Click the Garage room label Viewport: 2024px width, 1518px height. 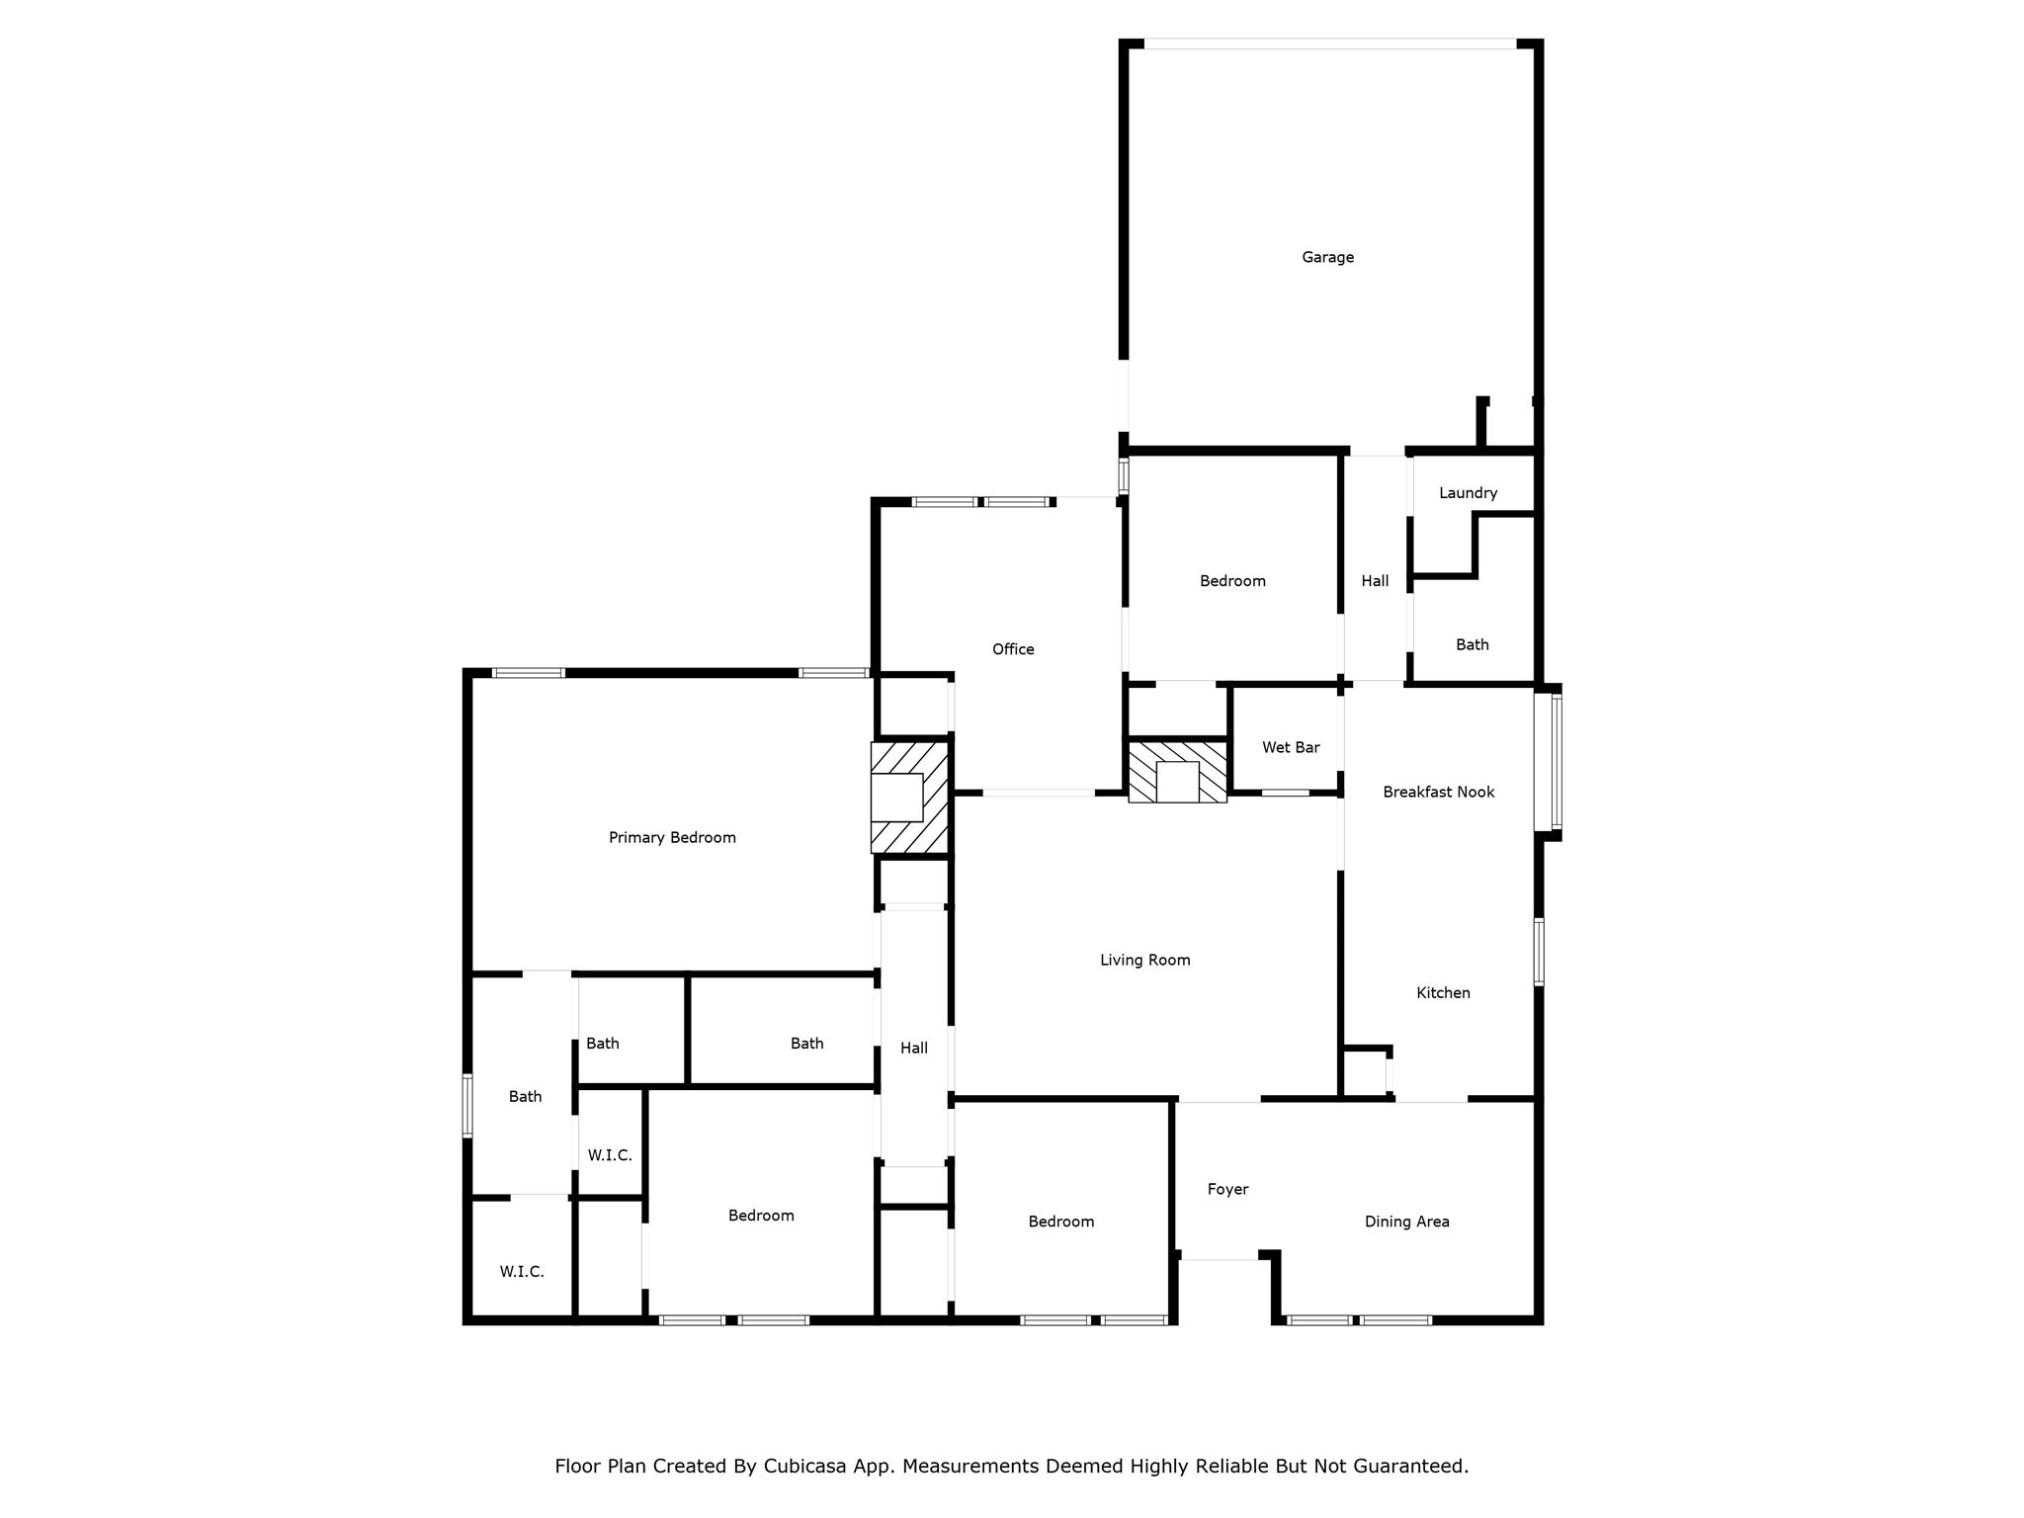(x=1327, y=257)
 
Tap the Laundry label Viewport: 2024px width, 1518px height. (x=1468, y=492)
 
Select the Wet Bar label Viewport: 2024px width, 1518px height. (x=1291, y=747)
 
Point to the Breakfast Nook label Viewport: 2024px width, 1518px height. (x=1438, y=792)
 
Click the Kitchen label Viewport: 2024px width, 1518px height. (x=1443, y=992)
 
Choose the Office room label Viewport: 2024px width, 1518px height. (x=1013, y=649)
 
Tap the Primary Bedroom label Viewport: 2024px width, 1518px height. (x=672, y=837)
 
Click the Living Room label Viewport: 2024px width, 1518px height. (x=1144, y=960)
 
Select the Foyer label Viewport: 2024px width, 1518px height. (x=1227, y=1189)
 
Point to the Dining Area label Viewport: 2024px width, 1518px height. (x=1406, y=1222)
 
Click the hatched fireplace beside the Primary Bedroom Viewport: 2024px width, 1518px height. (x=909, y=798)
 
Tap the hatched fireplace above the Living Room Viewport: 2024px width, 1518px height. (x=1177, y=771)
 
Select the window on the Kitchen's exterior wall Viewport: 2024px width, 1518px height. (x=1539, y=952)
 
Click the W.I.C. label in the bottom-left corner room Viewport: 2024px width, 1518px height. (x=521, y=1271)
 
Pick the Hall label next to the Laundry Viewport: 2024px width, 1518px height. (x=1375, y=581)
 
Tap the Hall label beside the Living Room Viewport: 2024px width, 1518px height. (x=914, y=1048)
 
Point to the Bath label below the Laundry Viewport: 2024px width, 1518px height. (x=1472, y=644)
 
